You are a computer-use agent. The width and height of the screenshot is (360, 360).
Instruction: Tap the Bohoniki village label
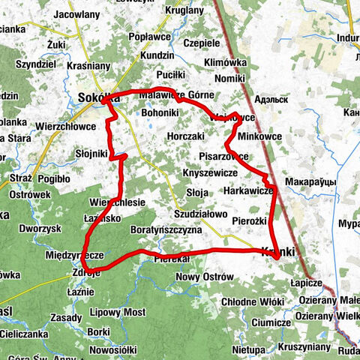(x=160, y=113)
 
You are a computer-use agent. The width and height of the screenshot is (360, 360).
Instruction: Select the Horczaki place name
(x=187, y=137)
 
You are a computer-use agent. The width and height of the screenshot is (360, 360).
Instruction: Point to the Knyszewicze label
(x=209, y=173)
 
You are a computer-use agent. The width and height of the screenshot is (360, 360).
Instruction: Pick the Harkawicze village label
(x=248, y=191)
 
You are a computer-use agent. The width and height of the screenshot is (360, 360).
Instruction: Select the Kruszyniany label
(x=304, y=347)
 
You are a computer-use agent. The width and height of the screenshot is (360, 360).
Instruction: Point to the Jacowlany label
(x=77, y=13)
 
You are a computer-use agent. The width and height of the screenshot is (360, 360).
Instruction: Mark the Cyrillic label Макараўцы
(x=314, y=182)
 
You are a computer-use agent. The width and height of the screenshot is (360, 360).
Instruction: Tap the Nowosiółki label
(x=111, y=349)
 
